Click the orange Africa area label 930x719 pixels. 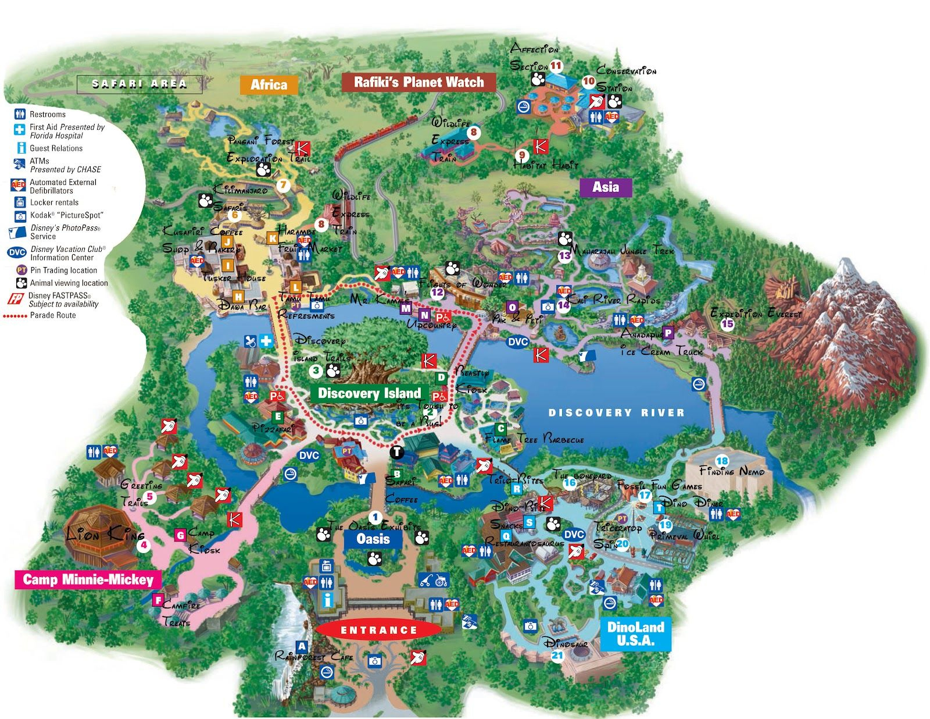coord(269,85)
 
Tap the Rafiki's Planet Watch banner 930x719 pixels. coord(419,82)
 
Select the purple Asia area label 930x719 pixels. coord(605,187)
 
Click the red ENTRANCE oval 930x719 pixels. coord(378,630)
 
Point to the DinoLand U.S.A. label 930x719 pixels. coord(635,633)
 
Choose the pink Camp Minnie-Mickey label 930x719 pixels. coord(88,579)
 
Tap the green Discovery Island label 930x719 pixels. coord(369,393)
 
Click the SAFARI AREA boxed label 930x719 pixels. coord(139,84)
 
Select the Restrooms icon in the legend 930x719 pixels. coord(20,114)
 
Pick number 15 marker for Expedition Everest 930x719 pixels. coord(727,324)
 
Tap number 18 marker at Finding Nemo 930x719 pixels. coord(722,461)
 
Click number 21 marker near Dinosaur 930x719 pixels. coord(557,656)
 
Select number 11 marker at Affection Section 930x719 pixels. coord(556,66)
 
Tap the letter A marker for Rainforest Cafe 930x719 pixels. coord(301,646)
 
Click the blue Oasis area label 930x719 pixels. coord(373,539)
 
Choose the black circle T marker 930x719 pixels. coord(396,451)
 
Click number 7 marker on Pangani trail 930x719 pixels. coord(283,186)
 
